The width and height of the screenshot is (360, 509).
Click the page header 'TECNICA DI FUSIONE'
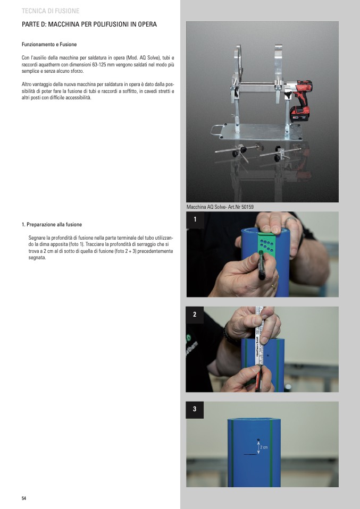coord(51,11)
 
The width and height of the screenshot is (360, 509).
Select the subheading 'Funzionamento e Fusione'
coord(49,45)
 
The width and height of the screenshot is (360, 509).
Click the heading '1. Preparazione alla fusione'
coord(52,225)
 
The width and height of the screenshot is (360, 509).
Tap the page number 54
coord(24,498)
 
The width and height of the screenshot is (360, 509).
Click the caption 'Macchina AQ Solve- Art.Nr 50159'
coord(220,207)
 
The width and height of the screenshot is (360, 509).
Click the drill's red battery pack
coord(299,114)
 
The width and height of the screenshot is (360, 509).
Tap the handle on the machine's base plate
coord(216,130)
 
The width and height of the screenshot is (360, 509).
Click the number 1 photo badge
coord(195,220)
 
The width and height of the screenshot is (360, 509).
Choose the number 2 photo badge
coord(195,315)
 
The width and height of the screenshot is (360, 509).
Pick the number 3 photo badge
coord(195,409)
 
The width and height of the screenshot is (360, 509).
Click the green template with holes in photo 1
coord(266,243)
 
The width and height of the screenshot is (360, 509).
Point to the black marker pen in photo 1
coord(261,265)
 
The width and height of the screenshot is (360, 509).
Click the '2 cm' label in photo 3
coord(264,447)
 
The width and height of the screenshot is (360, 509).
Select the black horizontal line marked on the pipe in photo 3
coord(250,454)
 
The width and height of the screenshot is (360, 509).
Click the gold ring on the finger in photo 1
coord(273,287)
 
